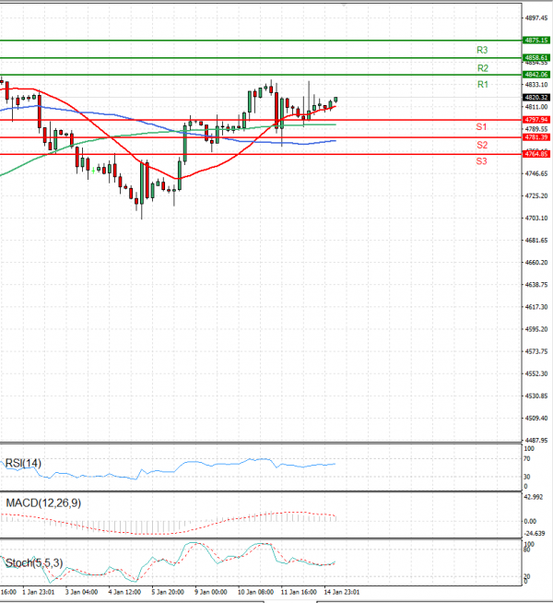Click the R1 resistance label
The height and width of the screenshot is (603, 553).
482,85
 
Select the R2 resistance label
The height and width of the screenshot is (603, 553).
482,68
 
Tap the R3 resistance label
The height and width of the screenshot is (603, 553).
482,50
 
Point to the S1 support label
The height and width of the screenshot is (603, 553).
481,126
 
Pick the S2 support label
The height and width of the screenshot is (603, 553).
482,146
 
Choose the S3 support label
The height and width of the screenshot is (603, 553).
482,161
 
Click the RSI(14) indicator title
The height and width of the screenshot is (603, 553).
23,463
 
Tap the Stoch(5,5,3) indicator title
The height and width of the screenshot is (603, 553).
33,562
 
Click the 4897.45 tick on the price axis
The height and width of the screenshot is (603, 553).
536,18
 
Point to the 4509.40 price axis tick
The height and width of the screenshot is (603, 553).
536,418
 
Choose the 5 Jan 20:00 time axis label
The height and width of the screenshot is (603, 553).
168,592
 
